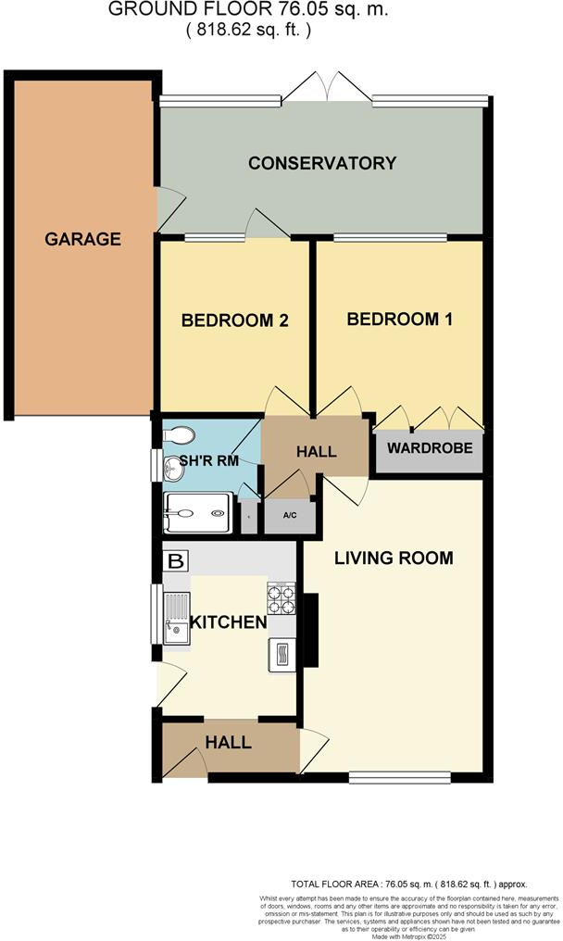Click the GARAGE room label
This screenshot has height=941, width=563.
pos(83,239)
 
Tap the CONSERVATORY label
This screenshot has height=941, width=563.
pos(322,164)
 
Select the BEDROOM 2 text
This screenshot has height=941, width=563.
pos(235,321)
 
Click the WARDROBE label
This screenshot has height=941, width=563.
pos(430,449)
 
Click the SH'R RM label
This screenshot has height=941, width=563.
pos(209,460)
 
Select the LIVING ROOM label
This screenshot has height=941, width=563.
pos(394,558)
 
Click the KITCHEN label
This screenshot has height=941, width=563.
pos(229,621)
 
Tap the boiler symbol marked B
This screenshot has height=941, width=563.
pos(175,560)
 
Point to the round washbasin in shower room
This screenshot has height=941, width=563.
pos(173,470)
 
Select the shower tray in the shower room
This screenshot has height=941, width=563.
pos(196,512)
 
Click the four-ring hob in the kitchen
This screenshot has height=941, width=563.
pos(281,596)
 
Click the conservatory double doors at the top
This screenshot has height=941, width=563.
pos(327,87)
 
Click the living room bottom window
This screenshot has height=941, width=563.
pos(400,774)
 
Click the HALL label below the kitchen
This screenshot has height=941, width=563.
pos(227,742)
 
